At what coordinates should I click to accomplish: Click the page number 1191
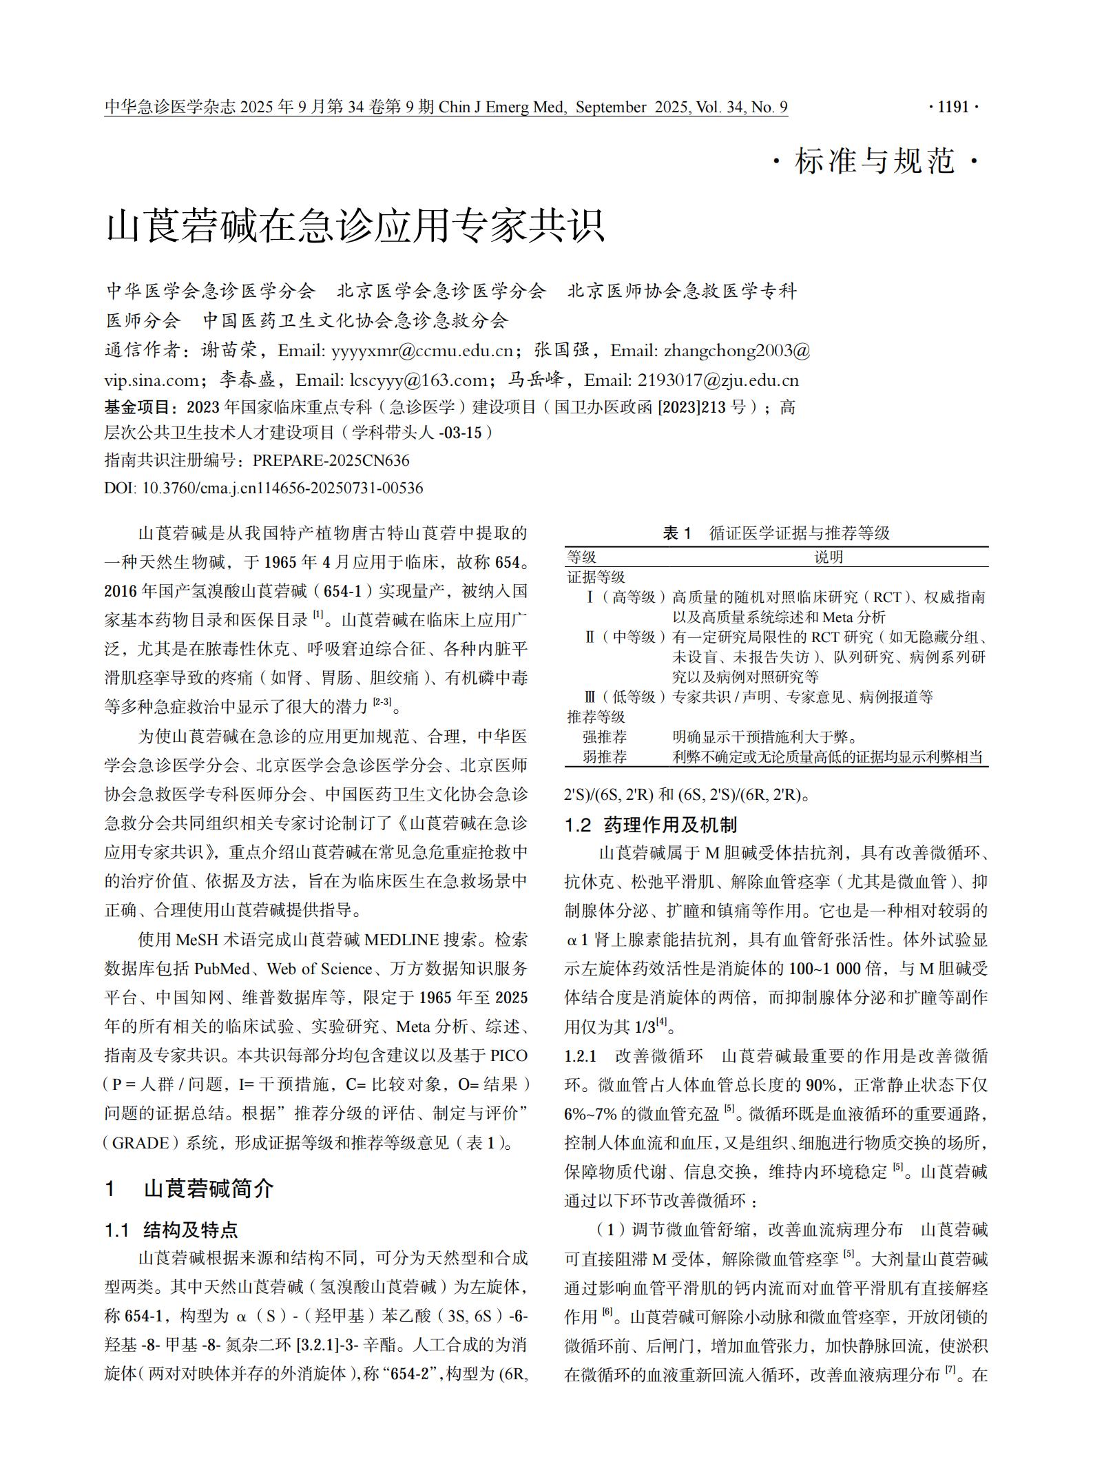point(953,107)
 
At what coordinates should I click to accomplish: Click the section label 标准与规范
point(875,162)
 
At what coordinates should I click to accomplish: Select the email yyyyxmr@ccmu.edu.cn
point(421,351)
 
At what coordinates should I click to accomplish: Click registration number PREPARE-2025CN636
point(331,460)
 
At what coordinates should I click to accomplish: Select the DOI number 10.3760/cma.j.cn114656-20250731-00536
point(282,488)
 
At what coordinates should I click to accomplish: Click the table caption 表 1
point(676,533)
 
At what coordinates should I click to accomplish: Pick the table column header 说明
point(828,557)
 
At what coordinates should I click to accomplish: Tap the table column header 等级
point(581,557)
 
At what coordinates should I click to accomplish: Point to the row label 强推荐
point(604,736)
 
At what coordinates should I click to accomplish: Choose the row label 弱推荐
point(604,756)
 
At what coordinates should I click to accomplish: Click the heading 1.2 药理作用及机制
point(650,825)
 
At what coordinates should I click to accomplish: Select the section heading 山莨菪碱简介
point(209,1188)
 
